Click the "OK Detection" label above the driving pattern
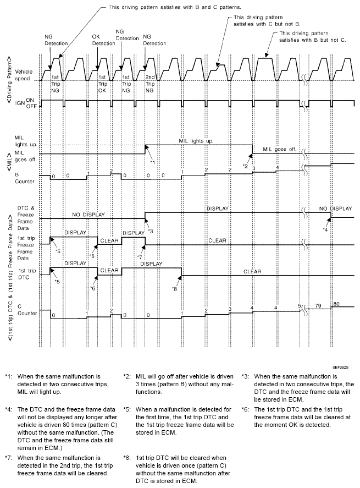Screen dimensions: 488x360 (100, 39)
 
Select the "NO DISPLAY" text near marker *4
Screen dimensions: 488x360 (335, 209)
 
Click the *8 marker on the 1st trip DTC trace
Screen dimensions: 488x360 (174, 288)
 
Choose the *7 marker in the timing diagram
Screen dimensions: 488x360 (140, 257)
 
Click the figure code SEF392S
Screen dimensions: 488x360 (342, 365)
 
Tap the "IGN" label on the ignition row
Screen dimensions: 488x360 (19, 103)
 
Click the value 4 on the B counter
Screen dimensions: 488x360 (278, 167)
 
